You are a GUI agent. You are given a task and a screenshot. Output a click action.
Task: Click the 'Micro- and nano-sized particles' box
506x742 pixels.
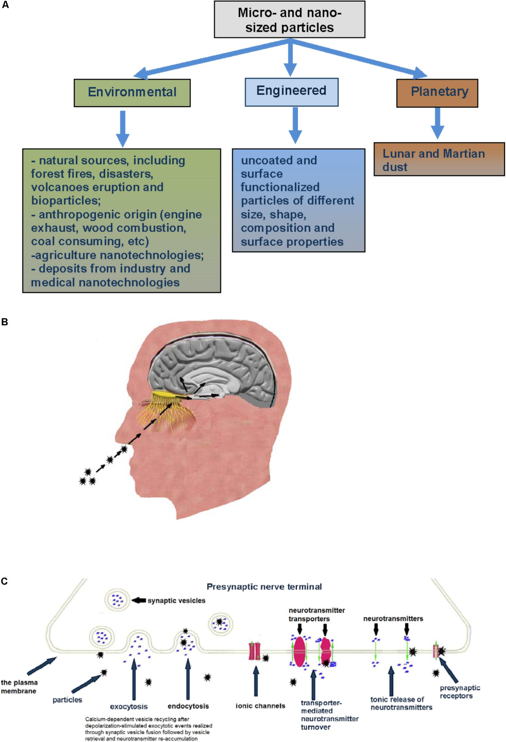coord(289,20)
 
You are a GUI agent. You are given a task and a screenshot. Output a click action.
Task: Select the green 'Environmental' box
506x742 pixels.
coord(132,92)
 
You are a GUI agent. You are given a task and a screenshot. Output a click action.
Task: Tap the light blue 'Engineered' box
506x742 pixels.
coord(291,91)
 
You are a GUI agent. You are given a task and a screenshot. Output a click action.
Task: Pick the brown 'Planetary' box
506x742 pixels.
coord(437,92)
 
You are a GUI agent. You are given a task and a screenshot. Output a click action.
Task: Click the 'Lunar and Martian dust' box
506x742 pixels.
coord(439,160)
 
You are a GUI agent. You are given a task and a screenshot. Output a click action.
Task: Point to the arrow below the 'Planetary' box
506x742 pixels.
coord(437,123)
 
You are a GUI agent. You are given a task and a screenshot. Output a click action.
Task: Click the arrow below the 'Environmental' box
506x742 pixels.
coord(122,129)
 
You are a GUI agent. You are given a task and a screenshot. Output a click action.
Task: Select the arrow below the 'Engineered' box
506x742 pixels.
coord(295,125)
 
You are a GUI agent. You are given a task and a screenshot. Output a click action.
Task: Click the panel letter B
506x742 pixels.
coord(5,322)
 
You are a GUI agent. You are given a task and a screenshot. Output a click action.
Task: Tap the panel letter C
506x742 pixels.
coord(5,581)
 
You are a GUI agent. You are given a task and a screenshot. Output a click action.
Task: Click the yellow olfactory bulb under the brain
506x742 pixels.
coord(167,395)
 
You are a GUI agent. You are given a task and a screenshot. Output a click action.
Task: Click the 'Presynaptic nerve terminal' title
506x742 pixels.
coord(264,587)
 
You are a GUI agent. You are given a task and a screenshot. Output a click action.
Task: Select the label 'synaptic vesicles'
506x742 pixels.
coord(176,600)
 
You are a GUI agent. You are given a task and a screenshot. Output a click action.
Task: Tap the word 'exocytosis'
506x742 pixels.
coord(129,706)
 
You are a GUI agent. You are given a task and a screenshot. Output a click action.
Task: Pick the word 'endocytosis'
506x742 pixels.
coord(188,706)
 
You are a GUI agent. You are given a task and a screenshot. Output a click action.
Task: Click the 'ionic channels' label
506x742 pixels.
coord(260,706)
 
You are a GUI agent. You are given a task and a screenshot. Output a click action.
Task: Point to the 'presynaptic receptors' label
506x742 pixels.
coord(460,691)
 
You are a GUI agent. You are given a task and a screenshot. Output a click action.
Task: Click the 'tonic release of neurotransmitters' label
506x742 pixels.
coord(401,703)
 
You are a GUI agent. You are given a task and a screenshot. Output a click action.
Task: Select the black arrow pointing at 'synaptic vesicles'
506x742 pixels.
coord(139,600)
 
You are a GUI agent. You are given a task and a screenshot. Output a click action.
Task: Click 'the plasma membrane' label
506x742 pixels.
coord(19,687)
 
